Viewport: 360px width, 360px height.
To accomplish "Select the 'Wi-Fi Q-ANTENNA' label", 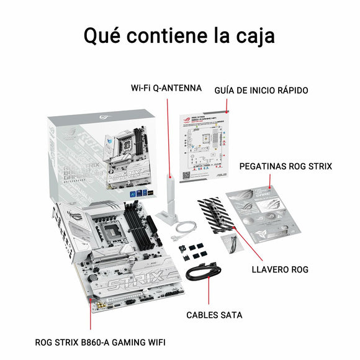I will tap(166, 88).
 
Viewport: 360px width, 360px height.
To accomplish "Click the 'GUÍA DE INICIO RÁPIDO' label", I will tap(261, 90).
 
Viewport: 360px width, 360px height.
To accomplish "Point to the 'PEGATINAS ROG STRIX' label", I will tap(286, 166).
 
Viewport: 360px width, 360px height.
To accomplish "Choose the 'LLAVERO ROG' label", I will tap(280, 269).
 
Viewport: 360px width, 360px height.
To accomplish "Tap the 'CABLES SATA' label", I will tap(214, 315).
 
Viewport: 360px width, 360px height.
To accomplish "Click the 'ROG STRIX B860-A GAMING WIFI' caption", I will tap(101, 341).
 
